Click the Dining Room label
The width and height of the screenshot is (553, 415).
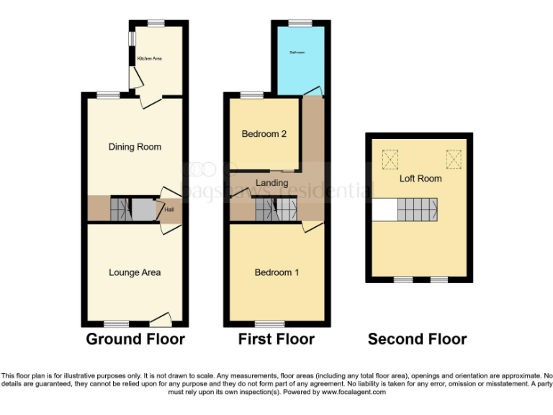135,147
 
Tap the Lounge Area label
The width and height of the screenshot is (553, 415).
135,272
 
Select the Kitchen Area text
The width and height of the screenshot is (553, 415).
150,58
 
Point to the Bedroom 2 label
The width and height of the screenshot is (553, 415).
264,134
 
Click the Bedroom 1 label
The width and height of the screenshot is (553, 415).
277,272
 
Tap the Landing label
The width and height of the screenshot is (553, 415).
271,183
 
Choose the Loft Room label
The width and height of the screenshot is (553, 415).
421,178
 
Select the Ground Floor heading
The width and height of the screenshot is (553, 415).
135,339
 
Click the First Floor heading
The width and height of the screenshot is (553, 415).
276,339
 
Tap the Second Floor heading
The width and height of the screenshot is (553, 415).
418,339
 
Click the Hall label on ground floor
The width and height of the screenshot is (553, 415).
169,210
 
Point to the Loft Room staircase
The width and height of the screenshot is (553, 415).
418,210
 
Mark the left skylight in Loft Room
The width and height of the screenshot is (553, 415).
390,157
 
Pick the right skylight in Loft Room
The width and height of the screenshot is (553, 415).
454,157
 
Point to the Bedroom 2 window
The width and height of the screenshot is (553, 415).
251,95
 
